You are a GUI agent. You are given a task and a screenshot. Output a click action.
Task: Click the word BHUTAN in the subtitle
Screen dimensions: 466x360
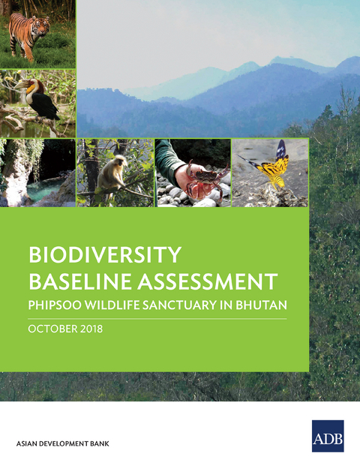(x=256, y=307)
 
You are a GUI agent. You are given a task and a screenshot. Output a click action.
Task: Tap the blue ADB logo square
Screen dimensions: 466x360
(x=328, y=435)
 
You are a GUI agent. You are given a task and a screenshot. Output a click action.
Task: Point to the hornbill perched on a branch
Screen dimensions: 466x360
(x=40, y=96)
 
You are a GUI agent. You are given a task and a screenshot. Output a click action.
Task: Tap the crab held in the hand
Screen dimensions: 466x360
(x=198, y=180)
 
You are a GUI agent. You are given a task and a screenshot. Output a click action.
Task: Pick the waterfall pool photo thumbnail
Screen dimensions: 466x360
(x=37, y=173)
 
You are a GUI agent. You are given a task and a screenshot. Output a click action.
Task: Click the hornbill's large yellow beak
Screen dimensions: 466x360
(x=31, y=86)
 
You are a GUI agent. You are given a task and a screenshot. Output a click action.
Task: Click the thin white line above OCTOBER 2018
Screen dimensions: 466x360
(x=157, y=319)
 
